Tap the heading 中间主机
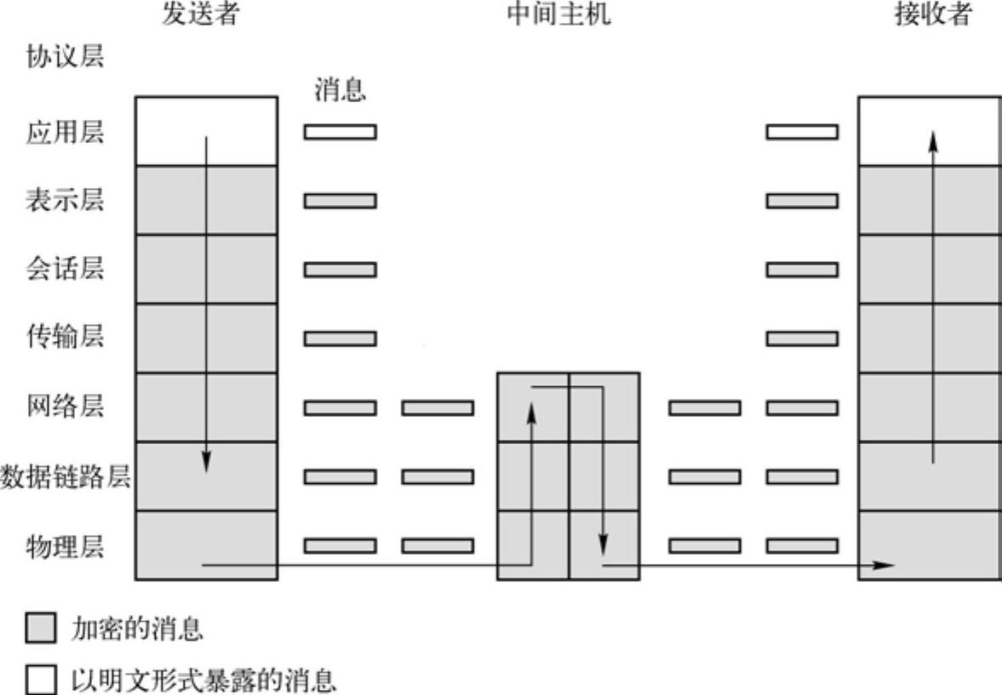coord(558,14)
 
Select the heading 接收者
coord(932,14)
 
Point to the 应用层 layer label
coord(65,132)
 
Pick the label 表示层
coord(65,201)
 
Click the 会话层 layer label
coord(65,270)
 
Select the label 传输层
coord(65,338)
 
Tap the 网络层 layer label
coord(65,407)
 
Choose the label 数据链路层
coord(65,477)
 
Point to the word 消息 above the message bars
coord(340,89)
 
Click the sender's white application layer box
coord(238,130)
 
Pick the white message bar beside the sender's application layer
coord(340,132)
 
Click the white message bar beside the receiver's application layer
coord(801,132)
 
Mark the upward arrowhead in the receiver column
coord(933,140)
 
